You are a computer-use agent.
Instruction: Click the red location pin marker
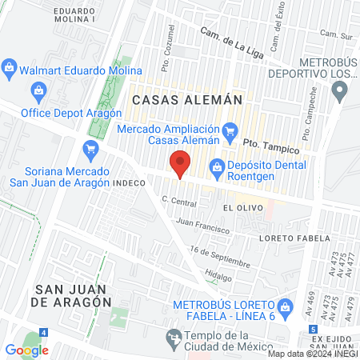click(181, 163)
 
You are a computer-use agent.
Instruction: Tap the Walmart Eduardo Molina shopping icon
click(10, 70)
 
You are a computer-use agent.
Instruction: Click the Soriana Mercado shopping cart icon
click(90, 148)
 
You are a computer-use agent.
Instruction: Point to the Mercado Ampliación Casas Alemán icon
click(230, 129)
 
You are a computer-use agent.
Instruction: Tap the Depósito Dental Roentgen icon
click(215, 166)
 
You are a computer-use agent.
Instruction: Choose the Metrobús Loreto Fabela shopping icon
click(285, 306)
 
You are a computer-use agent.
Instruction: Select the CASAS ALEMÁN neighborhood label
click(186, 100)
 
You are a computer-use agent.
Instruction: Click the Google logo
click(27, 350)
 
